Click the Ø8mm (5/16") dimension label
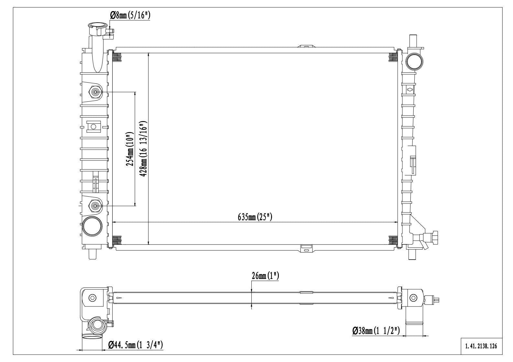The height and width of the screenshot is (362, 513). tap(130, 15)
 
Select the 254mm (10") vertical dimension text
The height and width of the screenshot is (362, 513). tap(130, 149)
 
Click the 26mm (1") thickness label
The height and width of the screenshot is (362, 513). tap(265, 276)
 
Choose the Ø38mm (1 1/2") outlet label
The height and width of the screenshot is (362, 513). tap(376, 331)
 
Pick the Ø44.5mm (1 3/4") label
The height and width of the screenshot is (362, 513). tap(136, 345)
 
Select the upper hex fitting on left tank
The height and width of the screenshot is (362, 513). tap(95, 92)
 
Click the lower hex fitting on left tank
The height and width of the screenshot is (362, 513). tap(95, 205)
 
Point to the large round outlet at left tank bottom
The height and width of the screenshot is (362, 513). tap(92, 227)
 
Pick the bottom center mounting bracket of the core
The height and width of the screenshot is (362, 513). tap(306, 248)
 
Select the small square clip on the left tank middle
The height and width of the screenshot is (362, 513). tap(94, 126)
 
